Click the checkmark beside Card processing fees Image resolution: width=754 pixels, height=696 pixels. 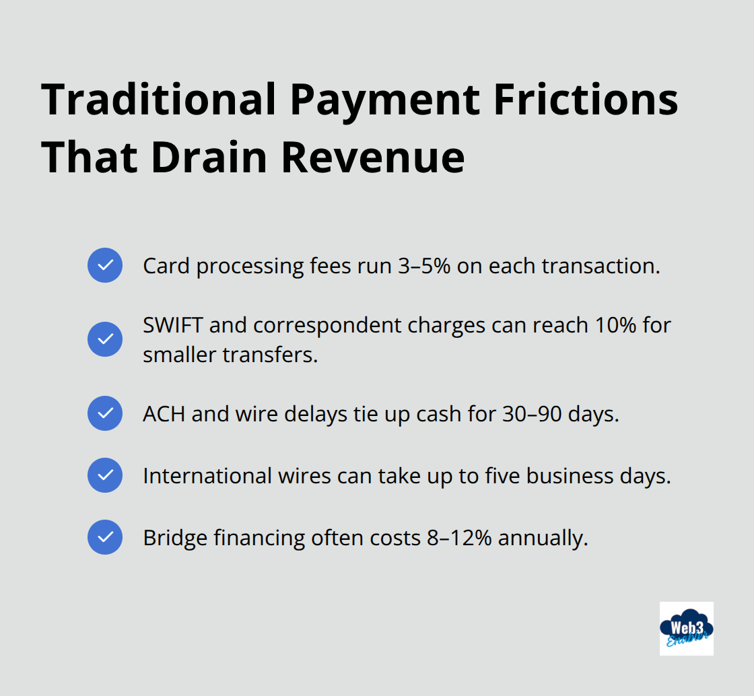pyautogui.click(x=105, y=265)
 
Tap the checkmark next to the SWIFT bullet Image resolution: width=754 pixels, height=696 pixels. pyautogui.click(x=105, y=339)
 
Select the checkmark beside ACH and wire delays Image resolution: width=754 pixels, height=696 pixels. pyautogui.click(x=105, y=413)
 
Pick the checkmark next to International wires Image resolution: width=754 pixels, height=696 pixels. pyautogui.click(x=105, y=475)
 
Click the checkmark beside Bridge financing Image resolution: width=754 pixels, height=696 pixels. pyautogui.click(x=105, y=537)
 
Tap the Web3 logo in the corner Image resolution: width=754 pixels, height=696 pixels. pyautogui.click(x=686, y=628)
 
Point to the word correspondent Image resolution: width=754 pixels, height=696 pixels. pyautogui.click(x=329, y=325)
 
